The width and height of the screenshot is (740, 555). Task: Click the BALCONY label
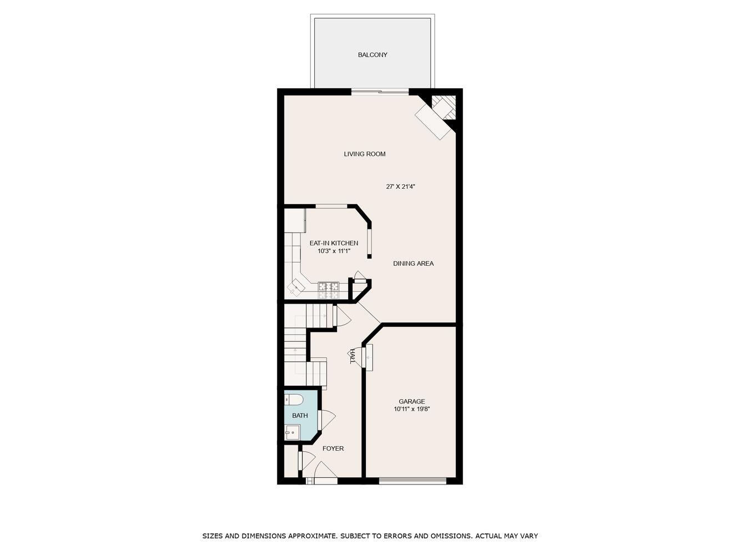372,54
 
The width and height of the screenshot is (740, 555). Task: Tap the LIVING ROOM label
364,154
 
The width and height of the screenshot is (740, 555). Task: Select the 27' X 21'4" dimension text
400,186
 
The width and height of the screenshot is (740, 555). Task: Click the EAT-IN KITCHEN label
334,243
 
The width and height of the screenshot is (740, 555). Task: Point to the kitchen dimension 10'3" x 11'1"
334,251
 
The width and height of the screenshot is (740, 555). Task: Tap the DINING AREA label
414,264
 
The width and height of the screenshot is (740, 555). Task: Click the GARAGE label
412,401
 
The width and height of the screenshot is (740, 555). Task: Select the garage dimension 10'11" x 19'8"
412,409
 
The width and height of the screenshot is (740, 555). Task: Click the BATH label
300,416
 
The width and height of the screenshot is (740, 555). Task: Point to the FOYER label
333,448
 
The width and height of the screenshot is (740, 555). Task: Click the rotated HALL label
353,356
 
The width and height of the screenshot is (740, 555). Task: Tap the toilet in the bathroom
294,400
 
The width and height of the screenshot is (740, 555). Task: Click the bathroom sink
293,432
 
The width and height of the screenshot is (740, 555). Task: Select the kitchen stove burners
328,290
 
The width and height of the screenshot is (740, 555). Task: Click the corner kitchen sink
296,286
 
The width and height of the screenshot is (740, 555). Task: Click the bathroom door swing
326,420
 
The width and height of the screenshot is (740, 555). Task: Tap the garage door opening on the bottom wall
412,481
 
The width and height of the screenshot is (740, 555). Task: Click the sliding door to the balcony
380,92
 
